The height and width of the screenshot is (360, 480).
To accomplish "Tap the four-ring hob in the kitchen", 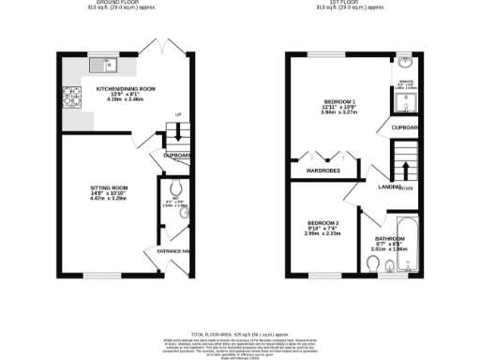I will click(71, 95).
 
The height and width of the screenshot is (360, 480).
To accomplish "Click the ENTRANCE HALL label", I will click(174, 252).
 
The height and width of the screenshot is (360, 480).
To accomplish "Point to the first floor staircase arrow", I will click(405, 170).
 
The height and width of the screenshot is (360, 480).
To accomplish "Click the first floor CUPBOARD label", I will click(405, 126).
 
